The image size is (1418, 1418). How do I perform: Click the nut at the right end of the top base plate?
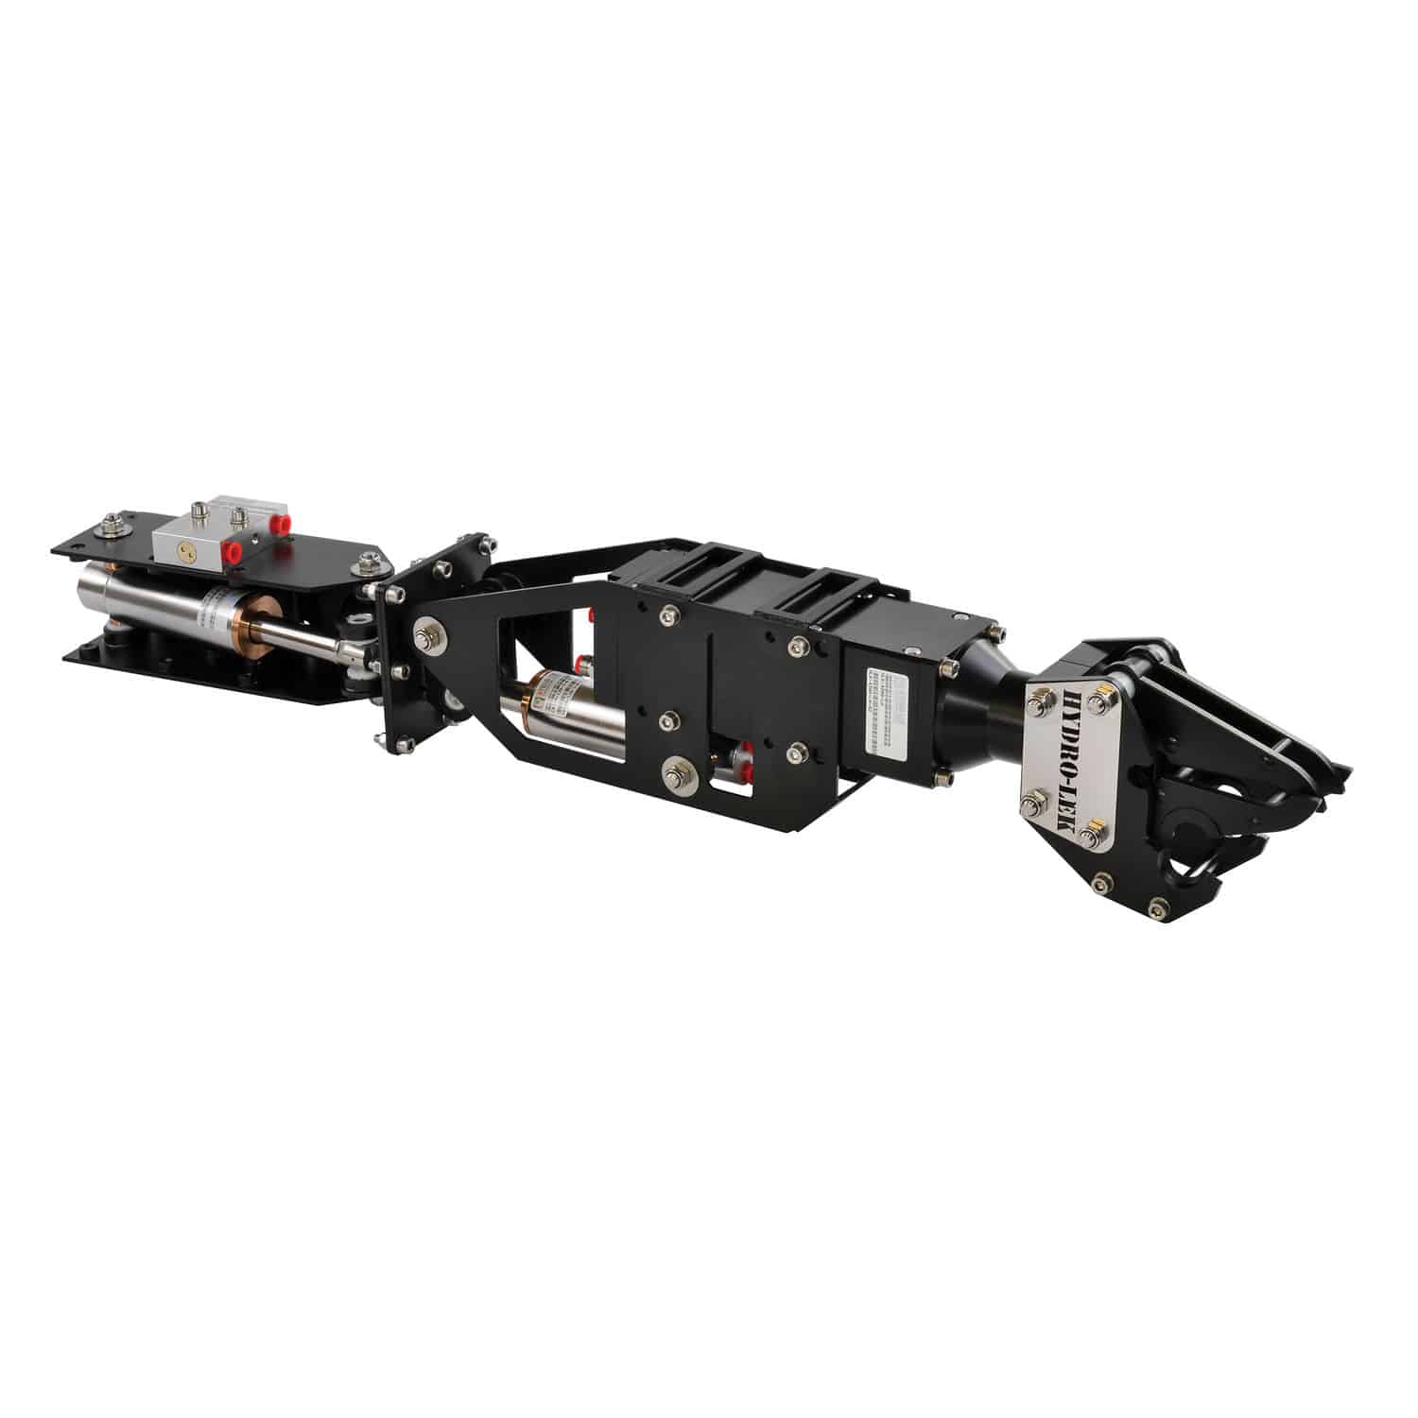pyautogui.click(x=366, y=566)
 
